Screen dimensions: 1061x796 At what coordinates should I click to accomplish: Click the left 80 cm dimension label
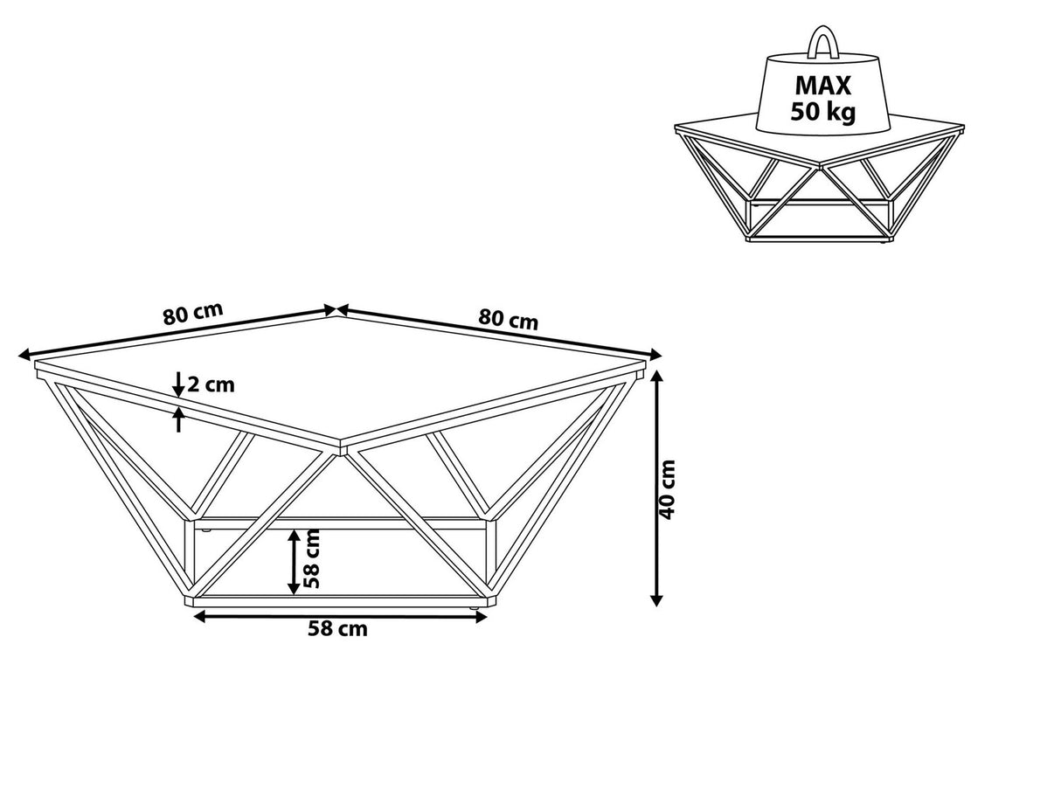[x=193, y=315]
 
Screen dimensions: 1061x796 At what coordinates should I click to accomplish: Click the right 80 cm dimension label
[x=508, y=319]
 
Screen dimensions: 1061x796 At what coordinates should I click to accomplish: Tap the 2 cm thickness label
[x=211, y=385]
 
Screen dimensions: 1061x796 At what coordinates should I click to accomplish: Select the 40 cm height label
[x=667, y=489]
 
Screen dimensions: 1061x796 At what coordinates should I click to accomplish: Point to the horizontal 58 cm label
[x=337, y=629]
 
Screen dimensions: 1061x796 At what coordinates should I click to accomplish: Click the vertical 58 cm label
[x=312, y=559]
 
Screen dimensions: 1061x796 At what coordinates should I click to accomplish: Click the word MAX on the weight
[x=822, y=86]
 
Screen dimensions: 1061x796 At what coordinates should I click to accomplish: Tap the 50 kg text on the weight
[x=822, y=112]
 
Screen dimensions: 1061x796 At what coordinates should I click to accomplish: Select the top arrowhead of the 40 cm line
[x=656, y=376]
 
